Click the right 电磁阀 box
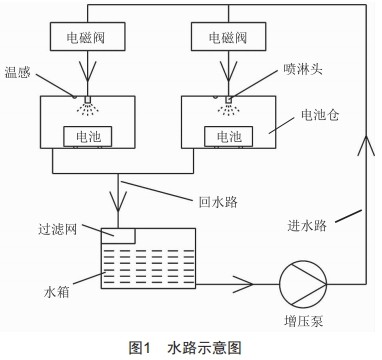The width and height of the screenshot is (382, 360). (x=227, y=35)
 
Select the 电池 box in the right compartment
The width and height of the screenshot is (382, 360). (x=227, y=134)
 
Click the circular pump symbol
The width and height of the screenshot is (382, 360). (x=301, y=282)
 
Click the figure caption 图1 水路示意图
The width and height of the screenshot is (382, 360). (x=189, y=349)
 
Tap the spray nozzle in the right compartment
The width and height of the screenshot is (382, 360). (x=227, y=100)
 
